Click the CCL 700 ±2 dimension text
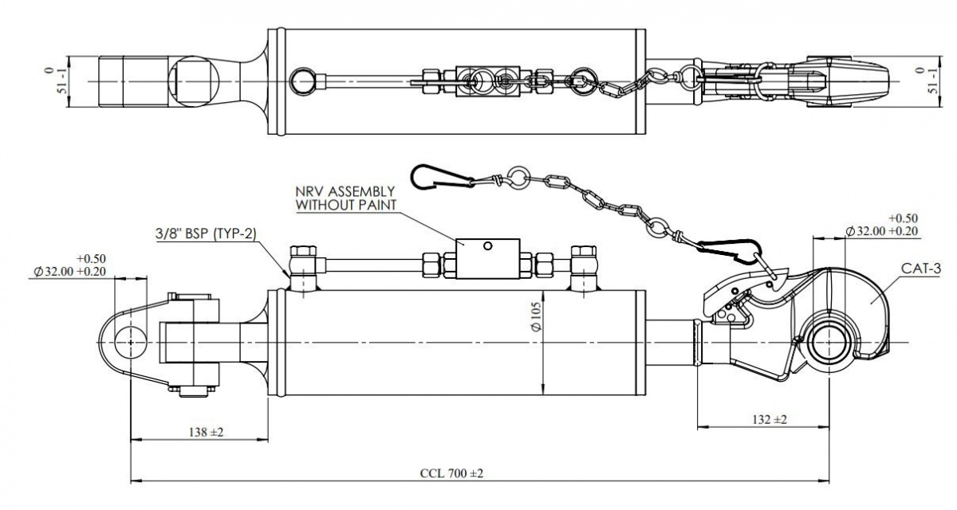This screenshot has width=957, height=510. point(451,473)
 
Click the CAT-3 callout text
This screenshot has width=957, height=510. point(922,270)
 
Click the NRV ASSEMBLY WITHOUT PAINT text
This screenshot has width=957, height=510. point(345,198)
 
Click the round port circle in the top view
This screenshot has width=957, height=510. point(304,80)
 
